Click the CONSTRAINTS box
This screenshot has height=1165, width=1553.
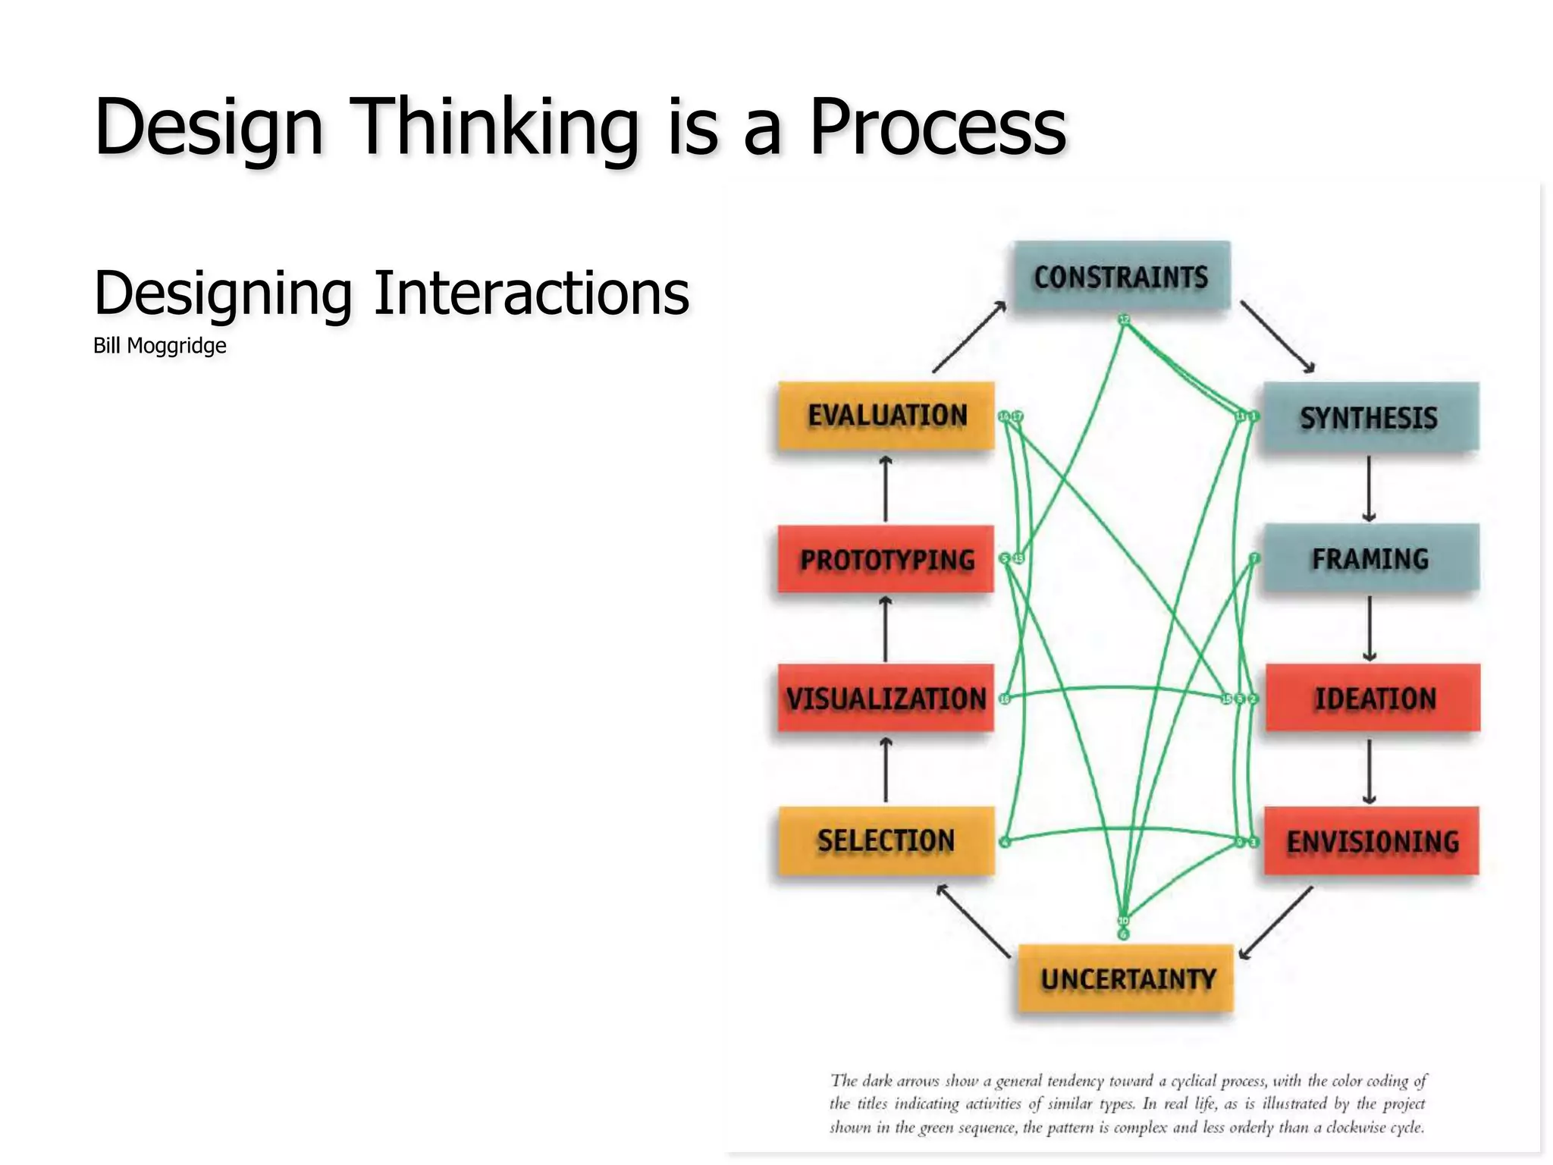tap(1122, 276)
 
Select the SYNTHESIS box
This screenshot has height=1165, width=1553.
tap(1369, 417)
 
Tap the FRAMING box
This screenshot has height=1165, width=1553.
tap(1370, 558)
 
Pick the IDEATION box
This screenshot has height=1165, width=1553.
tap(1373, 698)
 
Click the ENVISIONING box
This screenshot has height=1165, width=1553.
tap(1372, 840)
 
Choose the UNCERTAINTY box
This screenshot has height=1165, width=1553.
tap(1126, 978)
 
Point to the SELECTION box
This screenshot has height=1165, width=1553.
tap(886, 840)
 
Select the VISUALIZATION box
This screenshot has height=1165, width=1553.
tap(886, 698)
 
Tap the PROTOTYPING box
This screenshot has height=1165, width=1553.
tap(886, 559)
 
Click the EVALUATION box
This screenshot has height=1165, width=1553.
tap(886, 416)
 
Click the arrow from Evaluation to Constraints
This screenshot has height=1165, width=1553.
tap(969, 337)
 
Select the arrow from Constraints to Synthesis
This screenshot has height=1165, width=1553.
tap(1278, 337)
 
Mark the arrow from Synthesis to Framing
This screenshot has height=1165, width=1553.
tap(1369, 488)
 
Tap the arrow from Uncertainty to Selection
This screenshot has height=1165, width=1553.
tap(974, 921)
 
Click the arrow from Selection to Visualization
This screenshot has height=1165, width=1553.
tap(886, 769)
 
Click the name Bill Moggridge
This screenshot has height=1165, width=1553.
tap(160, 346)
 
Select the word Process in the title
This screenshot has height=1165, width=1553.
tap(937, 127)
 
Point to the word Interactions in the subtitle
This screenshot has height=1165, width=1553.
tap(531, 294)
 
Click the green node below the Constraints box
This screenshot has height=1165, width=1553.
tap(1125, 319)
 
